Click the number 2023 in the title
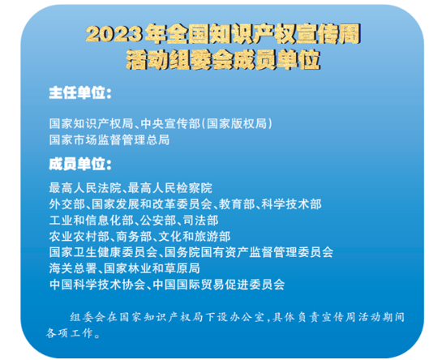pos(114,34)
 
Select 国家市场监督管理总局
pos(109,140)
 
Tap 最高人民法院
pos(85,188)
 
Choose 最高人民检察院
pos(170,188)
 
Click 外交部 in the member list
pos(66,204)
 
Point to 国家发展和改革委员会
pos(152,204)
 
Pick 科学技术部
pos(292,204)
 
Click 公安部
pos(158,221)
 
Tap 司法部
pos(200,221)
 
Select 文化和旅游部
pos(195,236)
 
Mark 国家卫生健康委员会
pos(103,252)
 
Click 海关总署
pos(73,268)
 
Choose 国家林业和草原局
pos(152,268)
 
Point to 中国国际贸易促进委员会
pos(219,285)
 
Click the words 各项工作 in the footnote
pos(70,333)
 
